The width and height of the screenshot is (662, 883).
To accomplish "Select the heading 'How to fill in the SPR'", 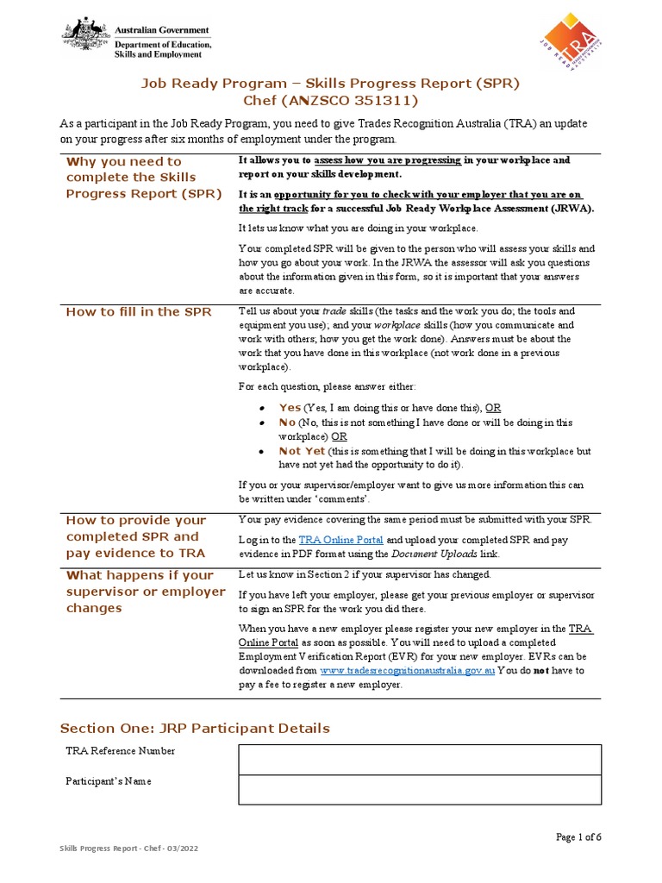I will pyautogui.click(x=139, y=311).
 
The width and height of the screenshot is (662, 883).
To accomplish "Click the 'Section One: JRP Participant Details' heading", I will pyautogui.click(x=194, y=729).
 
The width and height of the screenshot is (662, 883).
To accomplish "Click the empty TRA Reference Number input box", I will pyautogui.click(x=419, y=760).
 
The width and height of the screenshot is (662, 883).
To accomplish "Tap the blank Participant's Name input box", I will pyautogui.click(x=419, y=790).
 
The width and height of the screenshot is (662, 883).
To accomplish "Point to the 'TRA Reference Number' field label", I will pyautogui.click(x=121, y=751).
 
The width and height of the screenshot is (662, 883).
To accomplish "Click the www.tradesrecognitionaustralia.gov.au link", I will pyautogui.click(x=407, y=670).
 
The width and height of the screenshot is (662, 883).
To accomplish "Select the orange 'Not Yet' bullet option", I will pyautogui.click(x=302, y=451).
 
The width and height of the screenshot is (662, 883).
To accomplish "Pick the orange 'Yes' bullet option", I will pyautogui.click(x=290, y=407).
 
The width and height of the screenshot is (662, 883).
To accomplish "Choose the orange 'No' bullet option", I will pyautogui.click(x=287, y=423).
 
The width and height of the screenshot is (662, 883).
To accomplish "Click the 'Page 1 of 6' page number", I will pyautogui.click(x=578, y=837).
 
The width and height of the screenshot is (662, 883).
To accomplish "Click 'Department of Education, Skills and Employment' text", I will pyautogui.click(x=162, y=48).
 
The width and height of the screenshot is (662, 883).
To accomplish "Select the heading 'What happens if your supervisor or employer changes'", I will pyautogui.click(x=146, y=592).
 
